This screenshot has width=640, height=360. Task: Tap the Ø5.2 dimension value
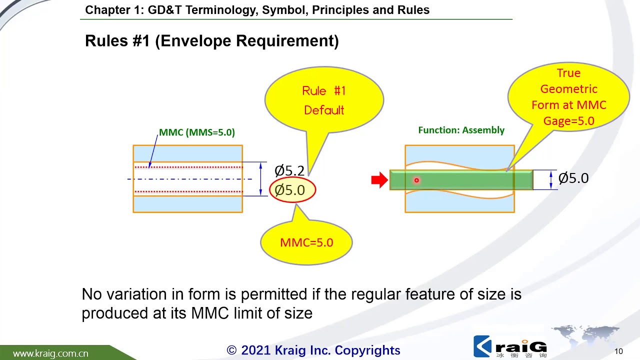pos(289,170)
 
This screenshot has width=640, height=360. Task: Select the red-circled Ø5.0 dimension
pos(292,190)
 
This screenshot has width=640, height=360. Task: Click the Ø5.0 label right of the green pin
pos(573,178)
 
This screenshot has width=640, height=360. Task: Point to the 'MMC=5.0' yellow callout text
pos(306,242)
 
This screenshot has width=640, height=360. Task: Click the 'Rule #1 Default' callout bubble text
pos(324,100)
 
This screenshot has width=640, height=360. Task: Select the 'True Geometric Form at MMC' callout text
pos(568,97)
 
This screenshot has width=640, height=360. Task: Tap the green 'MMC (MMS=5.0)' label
pos(196,132)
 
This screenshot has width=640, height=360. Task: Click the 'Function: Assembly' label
pos(461,130)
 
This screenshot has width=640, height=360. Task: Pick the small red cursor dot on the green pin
pos(416,180)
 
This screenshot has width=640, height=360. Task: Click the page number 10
pos(618,351)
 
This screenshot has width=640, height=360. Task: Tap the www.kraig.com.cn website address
pos(50,353)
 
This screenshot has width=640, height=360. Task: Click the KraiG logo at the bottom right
pos(510,346)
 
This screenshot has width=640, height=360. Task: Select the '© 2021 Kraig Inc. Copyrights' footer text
pos(313,350)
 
